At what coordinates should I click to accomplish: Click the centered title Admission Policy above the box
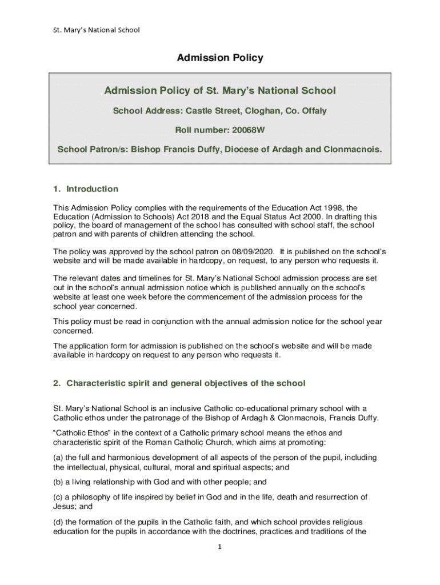(x=220, y=58)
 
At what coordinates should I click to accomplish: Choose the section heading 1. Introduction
(x=86, y=189)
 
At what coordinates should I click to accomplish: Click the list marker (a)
(x=58, y=458)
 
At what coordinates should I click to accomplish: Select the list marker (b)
(x=58, y=482)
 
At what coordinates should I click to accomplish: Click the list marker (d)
(x=58, y=522)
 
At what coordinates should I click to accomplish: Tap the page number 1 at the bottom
(x=220, y=547)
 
